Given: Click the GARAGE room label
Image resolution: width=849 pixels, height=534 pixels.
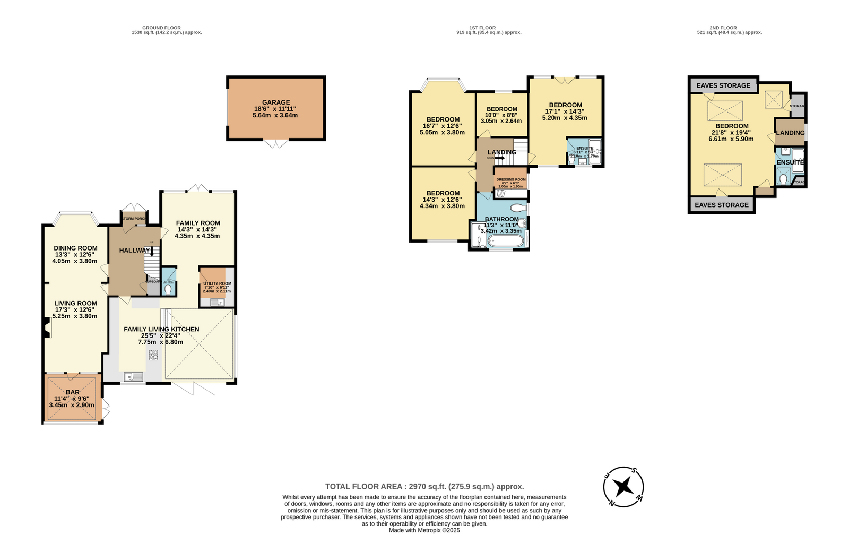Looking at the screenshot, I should click(275, 102).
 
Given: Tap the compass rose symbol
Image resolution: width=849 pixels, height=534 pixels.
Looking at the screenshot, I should click(623, 487).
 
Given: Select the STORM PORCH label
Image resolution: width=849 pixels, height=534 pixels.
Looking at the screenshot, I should click(133, 219).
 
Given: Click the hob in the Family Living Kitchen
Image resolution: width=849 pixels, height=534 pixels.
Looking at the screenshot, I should click(153, 355).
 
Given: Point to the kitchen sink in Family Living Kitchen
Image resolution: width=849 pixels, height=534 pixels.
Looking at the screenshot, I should click(133, 377).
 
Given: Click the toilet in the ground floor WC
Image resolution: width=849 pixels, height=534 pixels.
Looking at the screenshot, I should click(169, 290).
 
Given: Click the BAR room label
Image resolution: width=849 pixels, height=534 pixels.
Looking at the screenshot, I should click(73, 392).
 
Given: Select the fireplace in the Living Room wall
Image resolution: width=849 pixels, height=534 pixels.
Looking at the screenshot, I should click(47, 328).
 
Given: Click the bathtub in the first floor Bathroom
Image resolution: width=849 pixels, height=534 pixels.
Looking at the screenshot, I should click(505, 242).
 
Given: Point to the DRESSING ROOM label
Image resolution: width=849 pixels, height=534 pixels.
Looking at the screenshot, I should click(510, 179).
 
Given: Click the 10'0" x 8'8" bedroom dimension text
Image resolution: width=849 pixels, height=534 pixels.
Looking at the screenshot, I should click(501, 115).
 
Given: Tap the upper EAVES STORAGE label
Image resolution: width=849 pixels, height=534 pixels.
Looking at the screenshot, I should click(723, 85).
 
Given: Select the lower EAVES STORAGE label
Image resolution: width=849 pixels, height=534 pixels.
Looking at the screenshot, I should click(722, 205).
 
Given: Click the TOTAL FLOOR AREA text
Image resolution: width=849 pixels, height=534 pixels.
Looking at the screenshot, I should click(424, 486).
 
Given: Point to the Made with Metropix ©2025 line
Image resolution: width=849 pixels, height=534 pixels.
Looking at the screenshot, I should click(424, 530).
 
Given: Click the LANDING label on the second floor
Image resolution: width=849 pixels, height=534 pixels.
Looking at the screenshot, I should click(790, 133).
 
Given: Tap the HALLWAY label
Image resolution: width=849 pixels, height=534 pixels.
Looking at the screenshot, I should click(134, 250).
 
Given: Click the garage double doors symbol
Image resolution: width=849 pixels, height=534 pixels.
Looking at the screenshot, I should click(276, 144).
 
